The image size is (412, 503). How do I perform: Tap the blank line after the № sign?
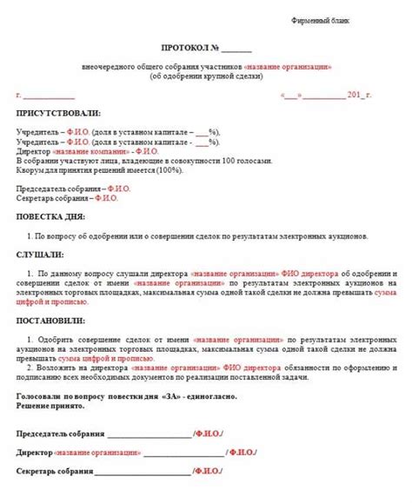click(x=236, y=49)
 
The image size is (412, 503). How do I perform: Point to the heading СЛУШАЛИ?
click(x=40, y=255)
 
